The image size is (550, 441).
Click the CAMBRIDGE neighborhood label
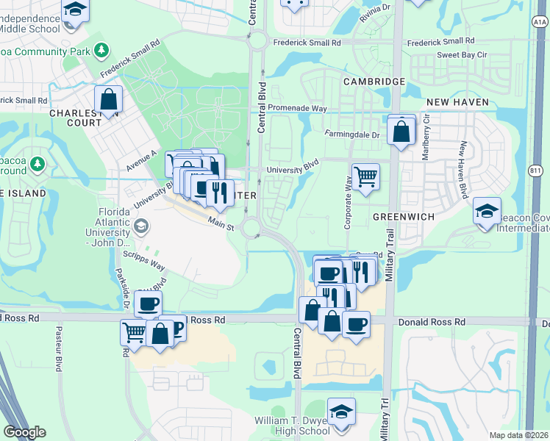373,81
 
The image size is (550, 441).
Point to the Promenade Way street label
297,108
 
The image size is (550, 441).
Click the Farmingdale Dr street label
352,135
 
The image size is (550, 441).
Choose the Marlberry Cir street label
425,139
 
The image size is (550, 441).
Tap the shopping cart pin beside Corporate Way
365,176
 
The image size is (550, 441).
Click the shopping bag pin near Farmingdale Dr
401,132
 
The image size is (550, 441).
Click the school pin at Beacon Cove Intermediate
486,211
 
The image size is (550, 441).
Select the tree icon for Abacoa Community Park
101,51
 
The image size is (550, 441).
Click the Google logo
24,432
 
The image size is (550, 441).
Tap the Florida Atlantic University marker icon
141,226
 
